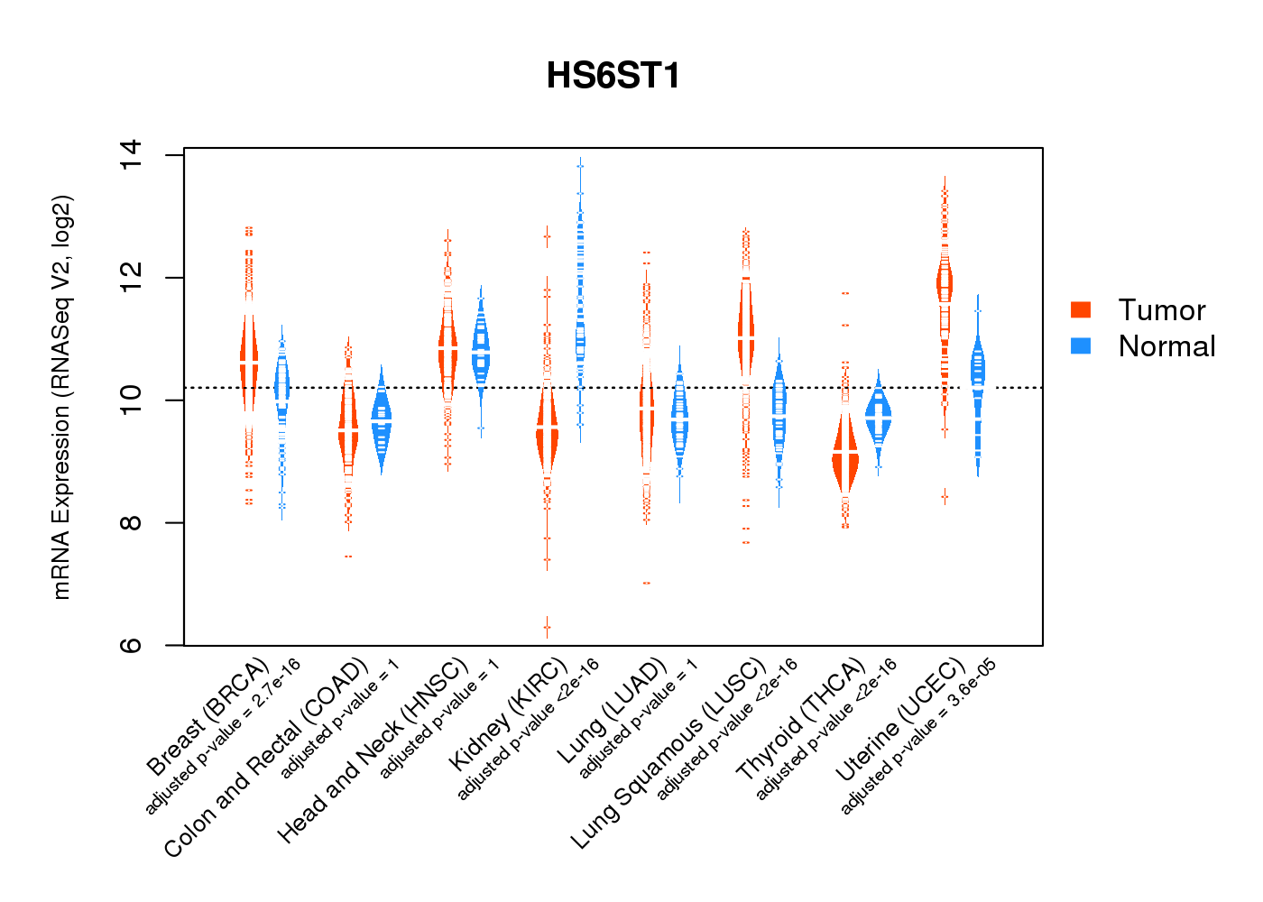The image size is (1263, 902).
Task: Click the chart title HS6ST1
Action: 613,76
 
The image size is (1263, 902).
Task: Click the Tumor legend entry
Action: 1161,310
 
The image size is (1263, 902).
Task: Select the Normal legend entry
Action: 1166,346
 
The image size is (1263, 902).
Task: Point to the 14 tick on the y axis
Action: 132,155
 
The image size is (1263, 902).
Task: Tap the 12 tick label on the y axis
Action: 132,278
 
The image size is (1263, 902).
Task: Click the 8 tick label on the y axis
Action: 132,523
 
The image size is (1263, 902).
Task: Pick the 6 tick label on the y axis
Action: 132,646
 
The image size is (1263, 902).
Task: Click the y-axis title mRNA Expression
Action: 61,397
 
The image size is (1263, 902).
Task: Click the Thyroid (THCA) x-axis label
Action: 801,719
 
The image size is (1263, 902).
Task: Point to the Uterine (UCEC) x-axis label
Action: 900,720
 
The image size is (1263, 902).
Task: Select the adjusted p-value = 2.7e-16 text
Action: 223,737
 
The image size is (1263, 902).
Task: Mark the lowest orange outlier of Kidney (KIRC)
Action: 547,627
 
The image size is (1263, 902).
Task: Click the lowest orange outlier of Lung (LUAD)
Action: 646,583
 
